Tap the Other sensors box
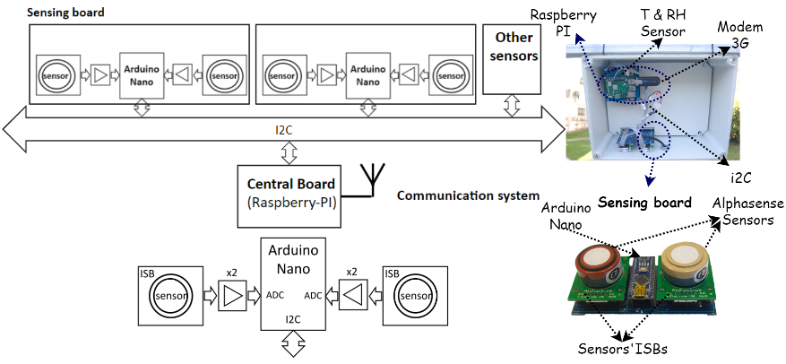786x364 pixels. [512, 59]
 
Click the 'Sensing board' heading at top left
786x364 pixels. [64, 12]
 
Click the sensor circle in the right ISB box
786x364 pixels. [415, 296]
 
